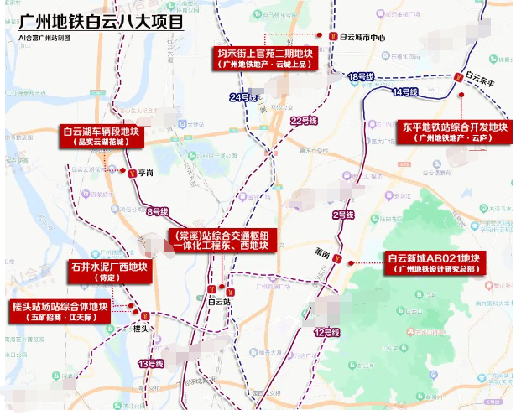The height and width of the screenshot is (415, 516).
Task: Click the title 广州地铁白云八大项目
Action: click(102, 20)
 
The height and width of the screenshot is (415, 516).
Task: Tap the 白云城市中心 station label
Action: click(363, 38)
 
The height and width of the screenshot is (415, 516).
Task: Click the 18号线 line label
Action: click(360, 76)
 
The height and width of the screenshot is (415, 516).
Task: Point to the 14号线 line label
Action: click(405, 91)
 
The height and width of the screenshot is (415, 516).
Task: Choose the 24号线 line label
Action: click(242, 98)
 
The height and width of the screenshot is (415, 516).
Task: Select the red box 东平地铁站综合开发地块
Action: click(454, 132)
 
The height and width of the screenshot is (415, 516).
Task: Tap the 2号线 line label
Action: click(343, 215)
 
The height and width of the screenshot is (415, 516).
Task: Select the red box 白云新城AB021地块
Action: click(432, 262)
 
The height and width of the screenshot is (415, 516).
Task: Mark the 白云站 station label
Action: click(219, 300)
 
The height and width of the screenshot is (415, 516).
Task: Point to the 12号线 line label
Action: click(327, 333)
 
